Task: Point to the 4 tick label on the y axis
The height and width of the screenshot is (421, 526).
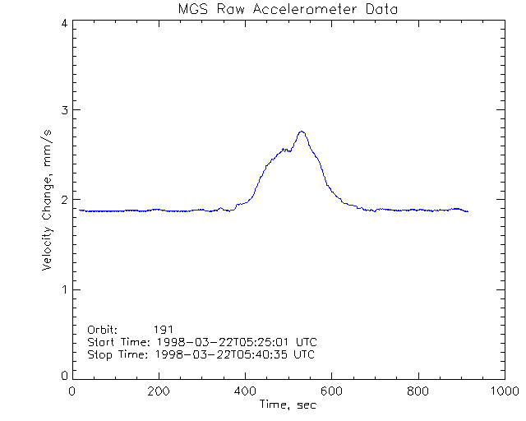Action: tap(63, 23)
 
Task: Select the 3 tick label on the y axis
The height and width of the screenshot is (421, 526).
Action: tap(63, 110)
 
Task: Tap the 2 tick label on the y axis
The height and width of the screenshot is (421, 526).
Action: tap(63, 200)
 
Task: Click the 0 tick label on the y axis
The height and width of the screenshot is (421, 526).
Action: tap(63, 376)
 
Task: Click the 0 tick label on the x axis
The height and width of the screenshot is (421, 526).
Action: tap(73, 391)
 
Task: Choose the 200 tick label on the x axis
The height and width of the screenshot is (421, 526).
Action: tap(159, 391)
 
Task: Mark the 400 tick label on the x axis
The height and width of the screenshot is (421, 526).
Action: tap(246, 391)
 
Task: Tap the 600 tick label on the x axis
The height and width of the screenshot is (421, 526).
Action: tap(332, 391)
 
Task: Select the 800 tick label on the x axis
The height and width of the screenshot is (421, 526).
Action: tap(418, 391)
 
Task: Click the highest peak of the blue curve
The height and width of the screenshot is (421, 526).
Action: tap(302, 132)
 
